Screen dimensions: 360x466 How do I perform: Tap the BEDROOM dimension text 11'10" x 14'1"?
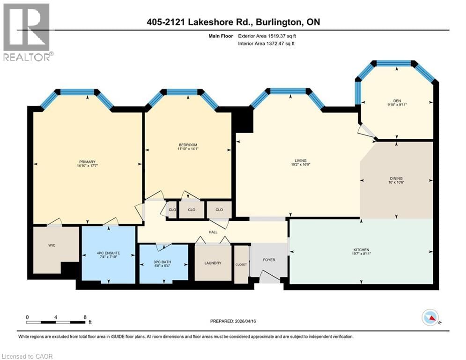[187, 150]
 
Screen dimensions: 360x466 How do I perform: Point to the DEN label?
[397, 100]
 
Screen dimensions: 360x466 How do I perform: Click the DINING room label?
[396, 178]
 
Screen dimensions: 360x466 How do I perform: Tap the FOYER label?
[269, 260]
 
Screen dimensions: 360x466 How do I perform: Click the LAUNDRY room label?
[213, 263]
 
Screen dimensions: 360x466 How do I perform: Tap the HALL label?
[213, 231]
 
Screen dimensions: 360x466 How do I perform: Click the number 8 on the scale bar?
[84, 317]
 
